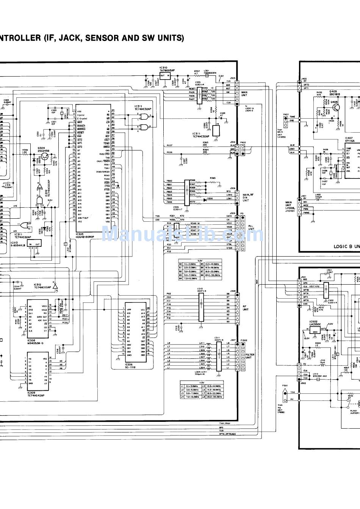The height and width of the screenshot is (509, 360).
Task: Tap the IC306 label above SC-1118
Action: click(x=130, y=364)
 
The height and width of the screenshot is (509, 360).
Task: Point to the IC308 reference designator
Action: click(x=31, y=340)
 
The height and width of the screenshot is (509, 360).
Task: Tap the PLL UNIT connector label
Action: click(x=251, y=228)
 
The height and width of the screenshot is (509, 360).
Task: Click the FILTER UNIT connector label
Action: click(x=250, y=356)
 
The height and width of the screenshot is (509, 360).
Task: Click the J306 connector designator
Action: click(x=232, y=188)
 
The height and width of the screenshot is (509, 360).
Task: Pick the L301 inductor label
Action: click(x=207, y=71)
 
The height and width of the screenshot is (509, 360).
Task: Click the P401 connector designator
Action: click(x=286, y=114)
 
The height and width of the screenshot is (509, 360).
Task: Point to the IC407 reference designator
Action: click(x=349, y=138)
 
